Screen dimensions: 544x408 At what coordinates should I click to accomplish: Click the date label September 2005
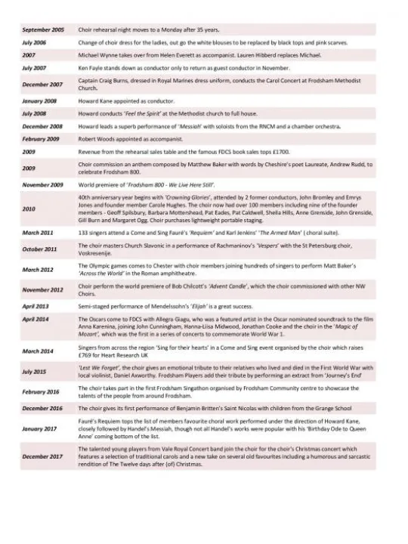click(43, 29)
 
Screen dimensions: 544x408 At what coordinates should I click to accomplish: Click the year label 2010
click(29, 209)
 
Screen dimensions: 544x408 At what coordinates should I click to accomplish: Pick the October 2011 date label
click(40, 248)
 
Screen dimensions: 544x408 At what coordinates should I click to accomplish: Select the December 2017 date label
click(42, 456)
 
